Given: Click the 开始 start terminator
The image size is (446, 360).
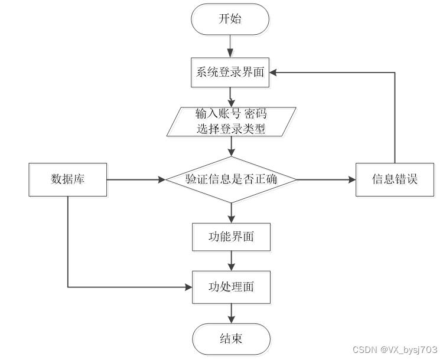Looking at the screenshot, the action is pyautogui.click(x=230, y=19).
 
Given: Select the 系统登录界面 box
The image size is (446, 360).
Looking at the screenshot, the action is pyautogui.click(x=230, y=73).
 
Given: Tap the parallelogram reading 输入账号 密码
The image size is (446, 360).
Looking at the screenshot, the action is pyautogui.click(x=232, y=122).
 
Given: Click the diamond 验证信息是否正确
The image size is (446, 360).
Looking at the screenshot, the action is pyautogui.click(x=232, y=179).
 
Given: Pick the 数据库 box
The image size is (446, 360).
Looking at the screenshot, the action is pyautogui.click(x=68, y=179).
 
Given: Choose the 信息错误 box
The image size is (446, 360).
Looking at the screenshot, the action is pyautogui.click(x=395, y=179).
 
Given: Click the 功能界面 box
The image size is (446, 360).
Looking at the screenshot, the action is pyautogui.click(x=231, y=237).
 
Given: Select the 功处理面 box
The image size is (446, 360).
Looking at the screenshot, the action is pyautogui.click(x=231, y=287).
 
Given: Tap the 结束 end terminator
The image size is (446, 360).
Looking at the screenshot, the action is pyautogui.click(x=231, y=339).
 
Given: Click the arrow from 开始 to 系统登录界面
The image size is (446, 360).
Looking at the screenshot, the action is pyautogui.click(x=230, y=46).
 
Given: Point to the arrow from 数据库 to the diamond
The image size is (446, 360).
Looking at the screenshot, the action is pyautogui.click(x=136, y=179).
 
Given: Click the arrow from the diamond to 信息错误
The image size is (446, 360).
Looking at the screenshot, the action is pyautogui.click(x=327, y=179).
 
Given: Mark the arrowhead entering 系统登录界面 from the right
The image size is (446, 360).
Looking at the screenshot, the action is pyautogui.click(x=273, y=73).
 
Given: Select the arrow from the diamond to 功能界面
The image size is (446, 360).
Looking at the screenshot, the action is pyautogui.click(x=232, y=213).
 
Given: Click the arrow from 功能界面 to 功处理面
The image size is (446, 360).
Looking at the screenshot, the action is pyautogui.click(x=232, y=261).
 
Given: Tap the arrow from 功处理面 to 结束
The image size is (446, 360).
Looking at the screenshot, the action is pyautogui.click(x=232, y=313).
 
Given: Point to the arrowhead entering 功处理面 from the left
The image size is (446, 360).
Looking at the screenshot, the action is pyautogui.click(x=188, y=287).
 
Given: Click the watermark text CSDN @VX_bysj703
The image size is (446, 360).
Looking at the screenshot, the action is pyautogui.click(x=395, y=349).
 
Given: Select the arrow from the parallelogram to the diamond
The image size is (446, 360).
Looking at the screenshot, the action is pyautogui.click(x=232, y=146).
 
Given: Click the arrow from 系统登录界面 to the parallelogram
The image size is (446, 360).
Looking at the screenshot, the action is pyautogui.click(x=231, y=97).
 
